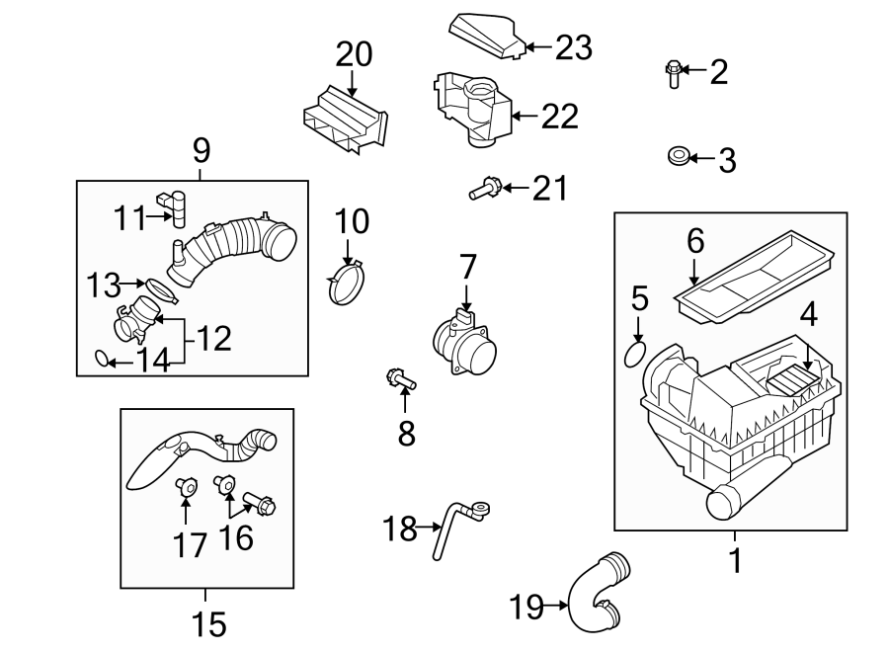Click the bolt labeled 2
(x=673, y=73)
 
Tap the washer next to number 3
(x=677, y=156)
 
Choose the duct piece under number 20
(x=346, y=120)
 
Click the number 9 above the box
(x=201, y=150)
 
